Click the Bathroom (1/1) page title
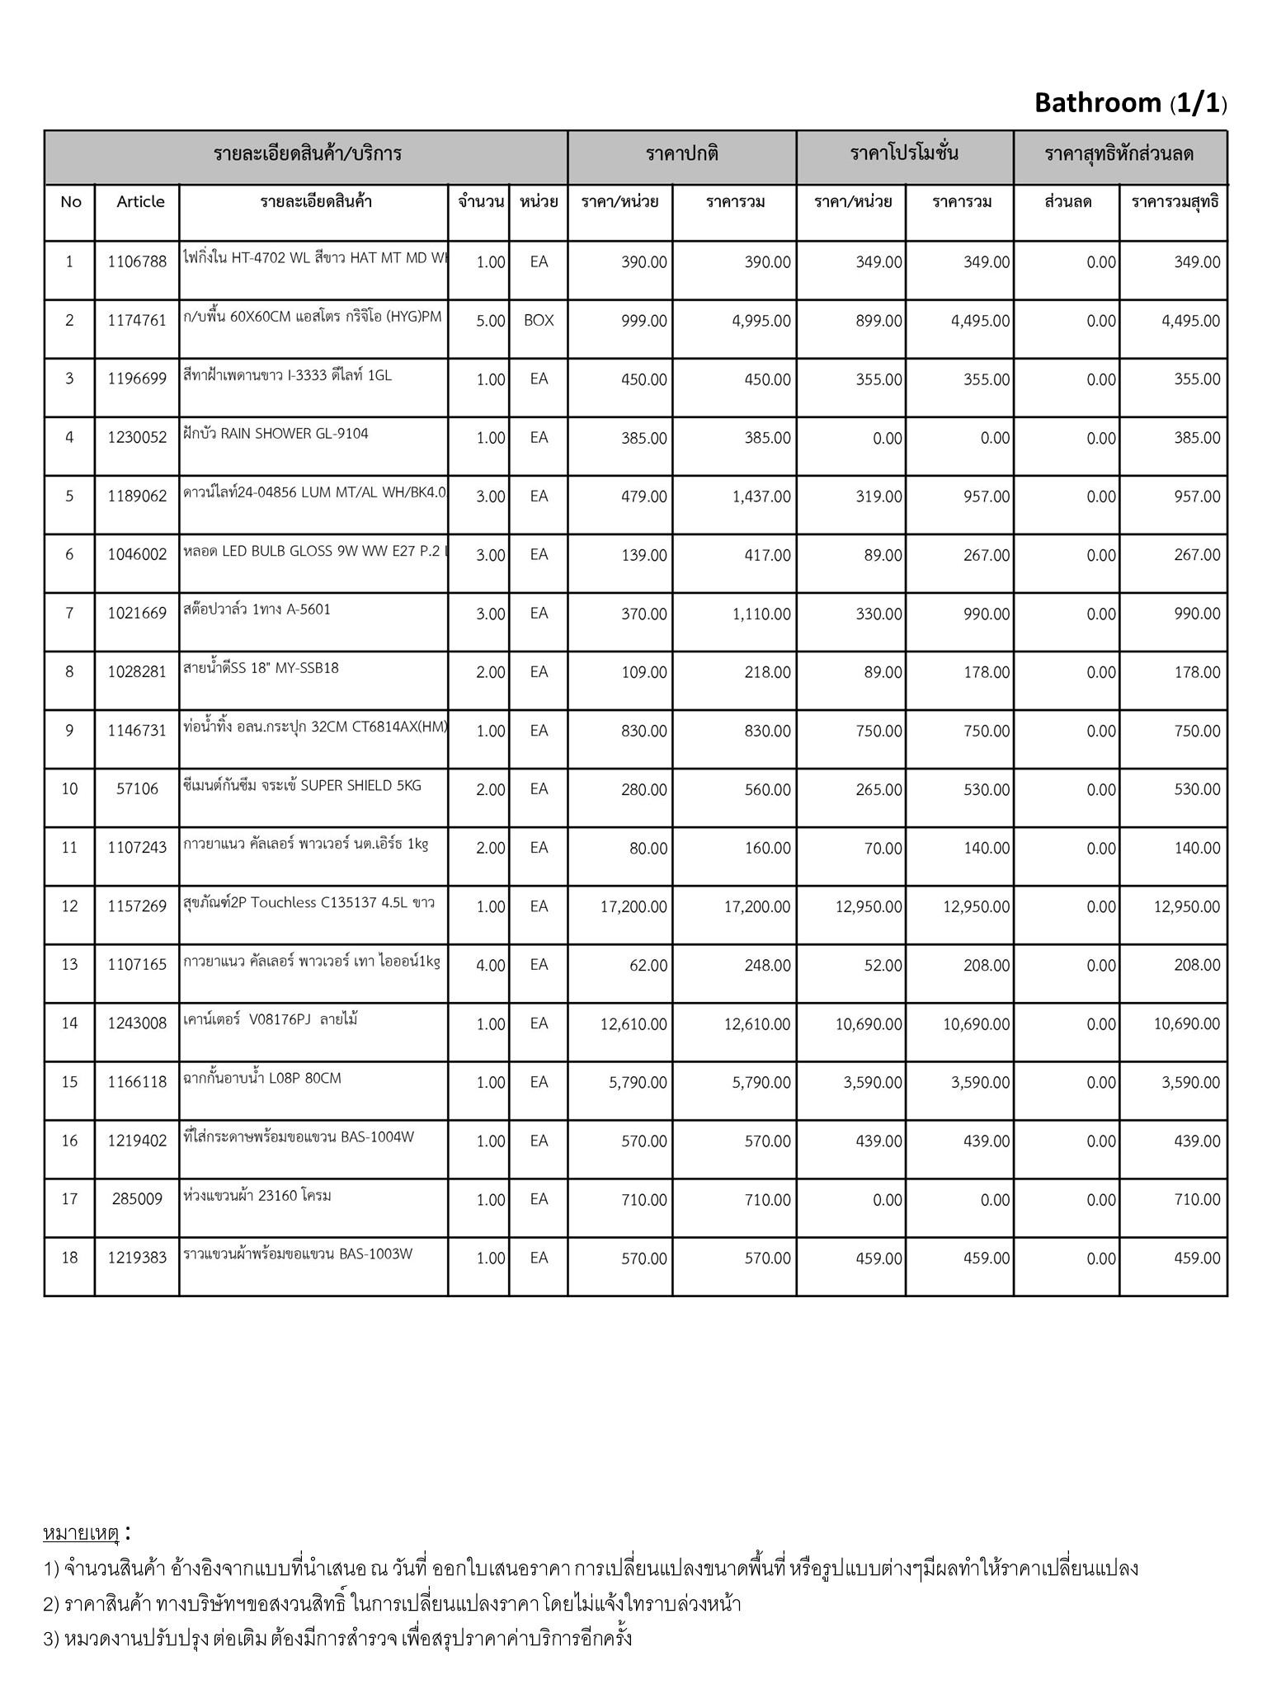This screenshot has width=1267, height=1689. click(x=1130, y=103)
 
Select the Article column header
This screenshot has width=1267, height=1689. click(x=140, y=202)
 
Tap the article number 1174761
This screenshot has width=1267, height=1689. click(x=137, y=321)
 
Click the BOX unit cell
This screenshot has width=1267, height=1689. click(x=539, y=321)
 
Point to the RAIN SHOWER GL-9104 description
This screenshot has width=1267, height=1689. click(x=276, y=434)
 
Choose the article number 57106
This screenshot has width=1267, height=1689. click(x=137, y=789)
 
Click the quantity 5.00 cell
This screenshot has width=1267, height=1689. click(x=490, y=321)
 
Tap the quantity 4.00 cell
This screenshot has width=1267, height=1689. click(x=490, y=966)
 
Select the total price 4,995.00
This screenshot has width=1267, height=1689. click(x=761, y=321)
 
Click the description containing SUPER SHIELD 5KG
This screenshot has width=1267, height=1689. click(x=302, y=786)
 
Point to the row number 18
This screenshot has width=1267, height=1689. click(x=69, y=1258)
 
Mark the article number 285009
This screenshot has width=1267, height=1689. click(x=137, y=1199)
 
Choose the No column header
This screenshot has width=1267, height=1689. click(x=71, y=202)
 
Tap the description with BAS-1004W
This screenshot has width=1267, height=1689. click(x=299, y=1137)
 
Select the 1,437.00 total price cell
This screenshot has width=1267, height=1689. click(x=761, y=496)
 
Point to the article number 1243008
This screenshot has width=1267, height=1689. click(x=137, y=1024)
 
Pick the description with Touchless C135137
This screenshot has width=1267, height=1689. click(x=309, y=903)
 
